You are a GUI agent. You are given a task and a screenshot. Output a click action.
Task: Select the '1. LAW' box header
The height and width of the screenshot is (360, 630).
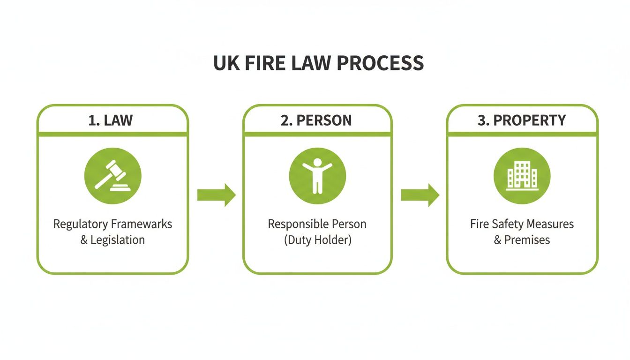111,120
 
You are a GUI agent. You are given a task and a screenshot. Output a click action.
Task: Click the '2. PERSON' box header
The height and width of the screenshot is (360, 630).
316,120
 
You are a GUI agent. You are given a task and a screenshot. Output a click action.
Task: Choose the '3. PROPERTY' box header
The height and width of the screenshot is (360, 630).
522,120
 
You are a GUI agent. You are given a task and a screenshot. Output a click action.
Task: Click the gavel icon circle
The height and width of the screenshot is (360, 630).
112,175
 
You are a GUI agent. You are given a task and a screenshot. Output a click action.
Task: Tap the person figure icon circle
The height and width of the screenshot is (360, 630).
317,175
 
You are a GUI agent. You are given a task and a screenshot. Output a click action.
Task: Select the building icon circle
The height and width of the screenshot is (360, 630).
522,175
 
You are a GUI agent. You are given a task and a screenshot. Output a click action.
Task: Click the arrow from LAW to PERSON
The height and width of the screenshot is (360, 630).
216,195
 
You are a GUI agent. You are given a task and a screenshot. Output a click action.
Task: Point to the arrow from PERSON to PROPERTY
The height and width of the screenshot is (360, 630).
420,195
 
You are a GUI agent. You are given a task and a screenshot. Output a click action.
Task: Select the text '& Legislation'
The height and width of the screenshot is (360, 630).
112,240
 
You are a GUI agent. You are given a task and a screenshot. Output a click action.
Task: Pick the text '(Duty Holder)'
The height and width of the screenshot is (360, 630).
317,240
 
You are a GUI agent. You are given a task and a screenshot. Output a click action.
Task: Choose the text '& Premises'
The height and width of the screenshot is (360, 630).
522,240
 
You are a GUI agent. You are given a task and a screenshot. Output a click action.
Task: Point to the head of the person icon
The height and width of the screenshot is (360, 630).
317,162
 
